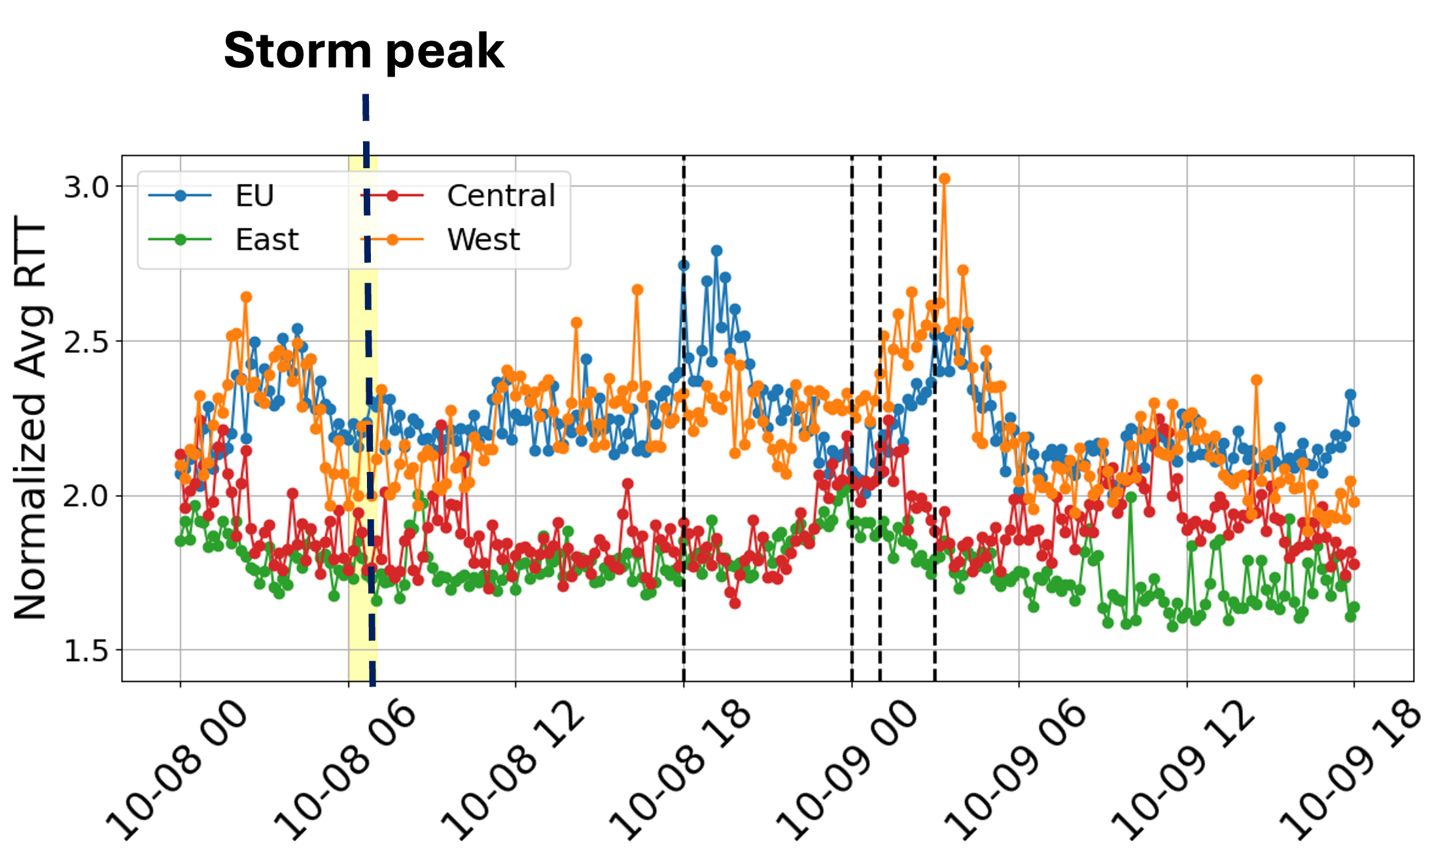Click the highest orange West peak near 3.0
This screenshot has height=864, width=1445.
point(944,179)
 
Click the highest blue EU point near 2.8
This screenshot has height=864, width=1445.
point(716,251)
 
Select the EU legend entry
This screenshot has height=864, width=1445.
point(254,195)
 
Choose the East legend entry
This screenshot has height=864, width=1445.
point(266,240)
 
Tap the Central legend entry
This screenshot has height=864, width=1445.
point(500,195)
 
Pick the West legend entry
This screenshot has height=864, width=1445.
point(483,240)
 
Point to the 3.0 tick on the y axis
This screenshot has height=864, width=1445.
point(86,187)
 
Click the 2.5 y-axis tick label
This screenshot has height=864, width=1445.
point(86,342)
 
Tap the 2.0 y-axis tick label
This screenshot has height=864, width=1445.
point(86,496)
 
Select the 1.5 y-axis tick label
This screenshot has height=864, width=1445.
point(86,651)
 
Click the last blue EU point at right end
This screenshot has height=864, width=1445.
point(1353,422)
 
